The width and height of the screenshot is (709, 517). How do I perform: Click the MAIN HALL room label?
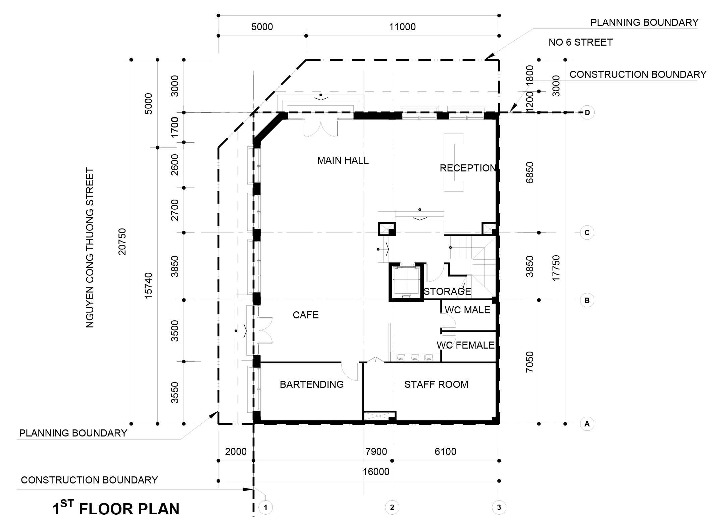(343, 160)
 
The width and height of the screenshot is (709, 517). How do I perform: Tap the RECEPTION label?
(467, 168)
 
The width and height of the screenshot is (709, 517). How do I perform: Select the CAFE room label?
(305, 315)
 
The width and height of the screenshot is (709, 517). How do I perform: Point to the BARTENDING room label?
(311, 384)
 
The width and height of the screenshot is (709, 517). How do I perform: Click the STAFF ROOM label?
(436, 384)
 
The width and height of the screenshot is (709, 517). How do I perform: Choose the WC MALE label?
(467, 310)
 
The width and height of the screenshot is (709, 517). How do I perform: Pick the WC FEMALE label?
(465, 345)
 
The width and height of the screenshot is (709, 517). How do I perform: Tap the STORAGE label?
(447, 292)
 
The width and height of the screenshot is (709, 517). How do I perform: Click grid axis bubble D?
(587, 112)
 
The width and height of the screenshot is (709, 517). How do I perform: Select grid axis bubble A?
(587, 424)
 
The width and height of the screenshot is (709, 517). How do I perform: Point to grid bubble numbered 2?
(392, 507)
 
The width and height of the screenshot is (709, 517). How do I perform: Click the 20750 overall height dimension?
(122, 242)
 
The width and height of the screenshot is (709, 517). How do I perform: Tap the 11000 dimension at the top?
(402, 27)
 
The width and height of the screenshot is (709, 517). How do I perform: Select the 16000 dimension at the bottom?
(376, 472)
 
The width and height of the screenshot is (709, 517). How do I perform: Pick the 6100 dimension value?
(445, 452)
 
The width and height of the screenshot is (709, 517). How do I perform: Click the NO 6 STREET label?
(580, 42)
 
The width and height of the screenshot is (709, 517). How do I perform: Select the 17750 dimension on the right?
(556, 268)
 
